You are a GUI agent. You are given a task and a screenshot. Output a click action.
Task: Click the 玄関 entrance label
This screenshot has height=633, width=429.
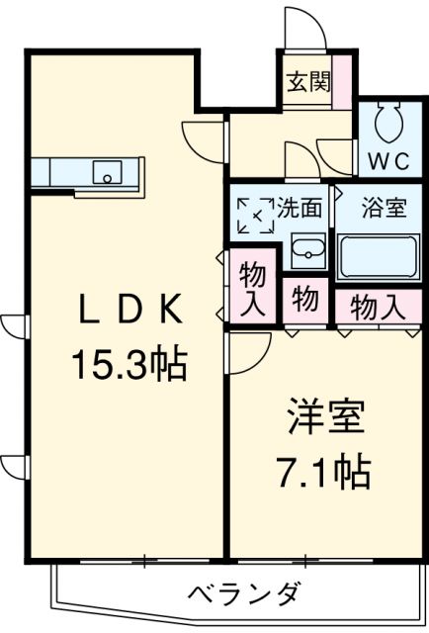click(x=308, y=81)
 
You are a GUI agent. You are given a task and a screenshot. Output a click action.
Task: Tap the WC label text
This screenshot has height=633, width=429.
click(x=389, y=161)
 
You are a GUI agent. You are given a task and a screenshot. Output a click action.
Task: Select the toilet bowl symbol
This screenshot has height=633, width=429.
click(x=389, y=122)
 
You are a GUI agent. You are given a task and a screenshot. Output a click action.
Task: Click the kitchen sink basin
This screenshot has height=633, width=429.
click(x=108, y=172)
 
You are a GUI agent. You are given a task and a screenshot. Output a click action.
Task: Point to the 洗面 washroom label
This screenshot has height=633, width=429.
click(x=300, y=209)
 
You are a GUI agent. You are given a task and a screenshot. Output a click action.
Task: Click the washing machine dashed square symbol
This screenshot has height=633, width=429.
click(x=255, y=216)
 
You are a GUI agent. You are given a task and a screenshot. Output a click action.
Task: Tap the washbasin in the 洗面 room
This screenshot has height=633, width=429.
click(x=308, y=250)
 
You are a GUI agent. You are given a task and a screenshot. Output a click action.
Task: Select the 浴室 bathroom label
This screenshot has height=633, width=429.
click(x=384, y=209)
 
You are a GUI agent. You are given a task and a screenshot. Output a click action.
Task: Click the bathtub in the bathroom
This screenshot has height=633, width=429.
click(x=379, y=256)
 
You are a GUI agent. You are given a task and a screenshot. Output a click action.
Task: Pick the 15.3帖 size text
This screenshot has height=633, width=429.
click(x=129, y=365)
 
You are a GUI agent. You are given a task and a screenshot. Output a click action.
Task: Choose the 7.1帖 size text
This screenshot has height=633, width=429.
click(x=323, y=472)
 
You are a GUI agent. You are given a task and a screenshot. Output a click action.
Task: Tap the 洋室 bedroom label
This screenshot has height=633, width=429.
click(x=326, y=416)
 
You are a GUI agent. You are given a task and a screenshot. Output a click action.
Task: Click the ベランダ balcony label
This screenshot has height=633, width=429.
click(x=244, y=592)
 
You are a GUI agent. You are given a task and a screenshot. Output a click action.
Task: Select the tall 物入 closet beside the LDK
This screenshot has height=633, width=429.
click(x=253, y=286)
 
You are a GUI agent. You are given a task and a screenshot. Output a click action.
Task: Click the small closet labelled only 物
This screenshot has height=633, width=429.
click(x=305, y=301)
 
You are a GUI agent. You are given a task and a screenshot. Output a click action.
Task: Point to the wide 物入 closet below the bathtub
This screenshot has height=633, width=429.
click(x=379, y=307)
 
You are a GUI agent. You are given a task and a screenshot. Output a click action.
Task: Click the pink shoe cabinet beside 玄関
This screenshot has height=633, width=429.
click(x=342, y=82)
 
